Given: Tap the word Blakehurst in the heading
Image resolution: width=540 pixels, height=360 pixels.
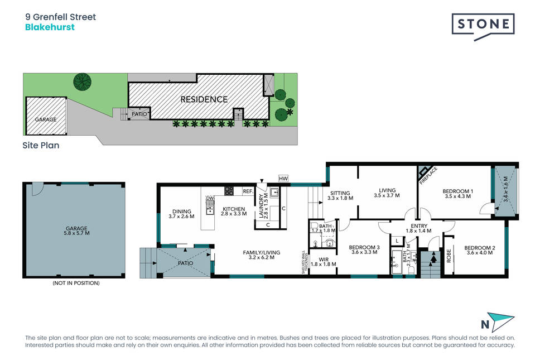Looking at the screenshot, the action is [x=50, y=27].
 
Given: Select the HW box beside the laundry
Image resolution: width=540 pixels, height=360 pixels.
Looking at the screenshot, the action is [x=283, y=179].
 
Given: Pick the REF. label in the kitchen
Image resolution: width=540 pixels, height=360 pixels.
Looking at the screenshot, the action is [x=248, y=191].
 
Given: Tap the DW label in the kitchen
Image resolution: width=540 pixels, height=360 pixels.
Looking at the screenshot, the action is [x=210, y=198].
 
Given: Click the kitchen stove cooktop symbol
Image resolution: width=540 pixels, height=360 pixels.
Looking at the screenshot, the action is [x=229, y=191].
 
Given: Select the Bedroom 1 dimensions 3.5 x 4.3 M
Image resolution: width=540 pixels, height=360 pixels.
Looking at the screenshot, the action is [x=457, y=196].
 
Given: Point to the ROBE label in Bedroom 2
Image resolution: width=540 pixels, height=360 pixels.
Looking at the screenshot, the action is [x=449, y=256].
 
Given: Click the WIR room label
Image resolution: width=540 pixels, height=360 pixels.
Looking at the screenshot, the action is [x=324, y=260].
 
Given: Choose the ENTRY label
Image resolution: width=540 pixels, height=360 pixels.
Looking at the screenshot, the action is [x=419, y=226].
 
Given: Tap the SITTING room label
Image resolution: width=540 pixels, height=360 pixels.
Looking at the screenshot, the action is [x=340, y=193].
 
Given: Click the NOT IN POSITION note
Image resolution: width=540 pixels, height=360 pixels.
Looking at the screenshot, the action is [x=76, y=283].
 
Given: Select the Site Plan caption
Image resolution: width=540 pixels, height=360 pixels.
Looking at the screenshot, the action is [x=41, y=145].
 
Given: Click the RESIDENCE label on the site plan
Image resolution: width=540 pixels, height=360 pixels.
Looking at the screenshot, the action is [x=204, y=99].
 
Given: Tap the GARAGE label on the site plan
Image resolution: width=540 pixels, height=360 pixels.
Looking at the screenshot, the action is [x=45, y=119].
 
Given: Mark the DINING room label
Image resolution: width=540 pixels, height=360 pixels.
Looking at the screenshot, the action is [x=181, y=212].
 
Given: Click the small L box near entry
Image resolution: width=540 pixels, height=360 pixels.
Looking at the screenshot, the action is [x=397, y=241].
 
